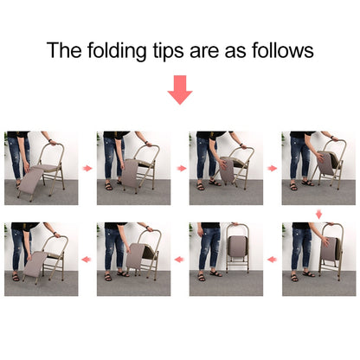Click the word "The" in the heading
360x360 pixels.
[x=64, y=50]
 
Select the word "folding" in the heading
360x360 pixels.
[x=117, y=52]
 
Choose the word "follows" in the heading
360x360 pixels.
[x=283, y=50]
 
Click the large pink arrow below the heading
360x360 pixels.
[x=180, y=90]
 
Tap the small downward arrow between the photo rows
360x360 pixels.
[x=318, y=215]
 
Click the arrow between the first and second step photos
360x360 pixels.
[x=87, y=168]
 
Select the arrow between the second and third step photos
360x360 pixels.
[x=182, y=168]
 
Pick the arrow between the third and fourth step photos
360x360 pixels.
[x=272, y=168]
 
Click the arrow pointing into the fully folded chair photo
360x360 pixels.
[x=272, y=260]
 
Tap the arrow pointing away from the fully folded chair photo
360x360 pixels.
[x=179, y=260]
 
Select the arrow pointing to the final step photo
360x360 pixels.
[x=87, y=260]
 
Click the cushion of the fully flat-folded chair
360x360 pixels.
[x=238, y=247]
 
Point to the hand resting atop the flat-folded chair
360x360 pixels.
[x=235, y=223]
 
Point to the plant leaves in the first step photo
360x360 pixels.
[x=6, y=141]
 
